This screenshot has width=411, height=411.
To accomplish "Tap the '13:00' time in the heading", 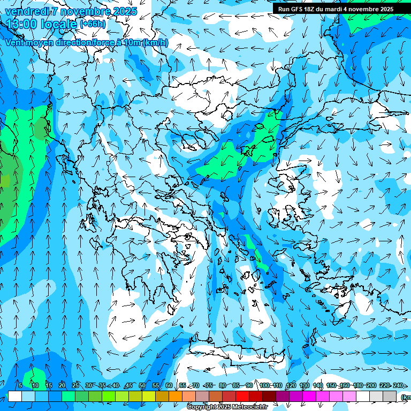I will [21, 24].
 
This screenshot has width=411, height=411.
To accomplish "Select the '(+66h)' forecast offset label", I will [93, 24].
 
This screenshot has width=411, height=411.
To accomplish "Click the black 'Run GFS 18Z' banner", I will [336, 9].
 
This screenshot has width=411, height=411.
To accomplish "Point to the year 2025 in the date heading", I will [125, 11].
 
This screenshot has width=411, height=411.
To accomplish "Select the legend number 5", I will [20, 385].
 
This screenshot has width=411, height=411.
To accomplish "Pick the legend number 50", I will [142, 385].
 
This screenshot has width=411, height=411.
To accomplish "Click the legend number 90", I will [249, 385].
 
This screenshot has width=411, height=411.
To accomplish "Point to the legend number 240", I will [398, 385].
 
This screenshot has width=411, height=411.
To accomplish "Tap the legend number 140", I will [318, 385].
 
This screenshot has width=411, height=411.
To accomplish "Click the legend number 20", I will [62, 385].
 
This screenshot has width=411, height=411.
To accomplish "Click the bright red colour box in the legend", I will [242, 396].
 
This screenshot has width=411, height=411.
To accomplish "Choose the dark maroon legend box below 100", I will [269, 396].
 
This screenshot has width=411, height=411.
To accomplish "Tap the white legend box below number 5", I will [15, 396].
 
